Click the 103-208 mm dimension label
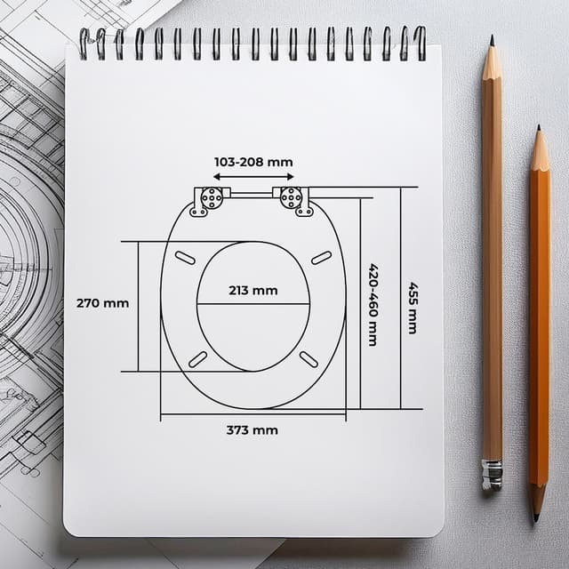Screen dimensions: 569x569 pos(253,163)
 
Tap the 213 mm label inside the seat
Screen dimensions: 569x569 pos(252,290)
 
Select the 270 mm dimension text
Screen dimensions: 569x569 pos(102,303)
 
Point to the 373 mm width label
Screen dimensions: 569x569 pos(252,430)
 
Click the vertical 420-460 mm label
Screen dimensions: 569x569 pos(373,305)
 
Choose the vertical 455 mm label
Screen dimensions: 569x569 pos(413,307)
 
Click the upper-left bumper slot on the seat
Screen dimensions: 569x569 pos(186,257)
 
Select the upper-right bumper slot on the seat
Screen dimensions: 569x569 pos(321,257)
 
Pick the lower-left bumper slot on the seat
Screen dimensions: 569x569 pos(197,358)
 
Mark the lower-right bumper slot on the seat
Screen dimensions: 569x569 pos(309,358)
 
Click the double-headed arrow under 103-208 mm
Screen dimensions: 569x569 pos(252,177)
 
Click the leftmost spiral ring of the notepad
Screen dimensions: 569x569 pos(84,43)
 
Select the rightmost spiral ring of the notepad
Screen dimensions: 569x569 pos(420,43)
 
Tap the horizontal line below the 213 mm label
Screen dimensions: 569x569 pos(253,304)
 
